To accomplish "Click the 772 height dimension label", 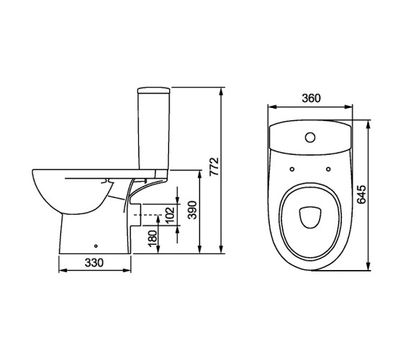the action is point(214,166).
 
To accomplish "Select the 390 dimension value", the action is point(192,210).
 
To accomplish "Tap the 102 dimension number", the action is point(170,215).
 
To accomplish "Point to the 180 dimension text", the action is point(153,238).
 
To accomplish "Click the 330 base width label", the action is point(94,263).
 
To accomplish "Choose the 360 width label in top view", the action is point(311,98).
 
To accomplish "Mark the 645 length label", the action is point(362,194).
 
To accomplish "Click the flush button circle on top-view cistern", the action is point(310,138).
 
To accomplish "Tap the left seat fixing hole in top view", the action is point(292,169).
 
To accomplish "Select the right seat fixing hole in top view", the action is point(328,169).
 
